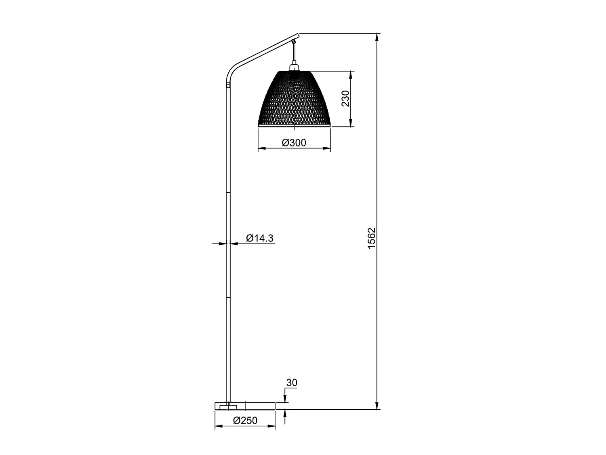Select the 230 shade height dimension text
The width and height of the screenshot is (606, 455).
[345, 98]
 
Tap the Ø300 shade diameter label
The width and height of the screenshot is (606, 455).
[294, 142]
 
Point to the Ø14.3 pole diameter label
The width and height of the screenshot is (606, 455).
[259, 238]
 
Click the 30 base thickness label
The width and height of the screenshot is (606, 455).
[292, 383]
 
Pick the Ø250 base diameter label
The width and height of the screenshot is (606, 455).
[245, 420]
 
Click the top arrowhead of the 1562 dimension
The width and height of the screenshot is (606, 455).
[377, 37]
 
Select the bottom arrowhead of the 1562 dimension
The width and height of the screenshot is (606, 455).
[377, 406]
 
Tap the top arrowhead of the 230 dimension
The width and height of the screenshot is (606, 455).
[351, 75]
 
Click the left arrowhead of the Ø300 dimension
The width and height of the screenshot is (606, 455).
[262, 148]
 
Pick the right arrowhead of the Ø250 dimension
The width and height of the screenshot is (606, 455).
[271, 426]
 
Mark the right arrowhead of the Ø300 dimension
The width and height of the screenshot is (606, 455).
[326, 148]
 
